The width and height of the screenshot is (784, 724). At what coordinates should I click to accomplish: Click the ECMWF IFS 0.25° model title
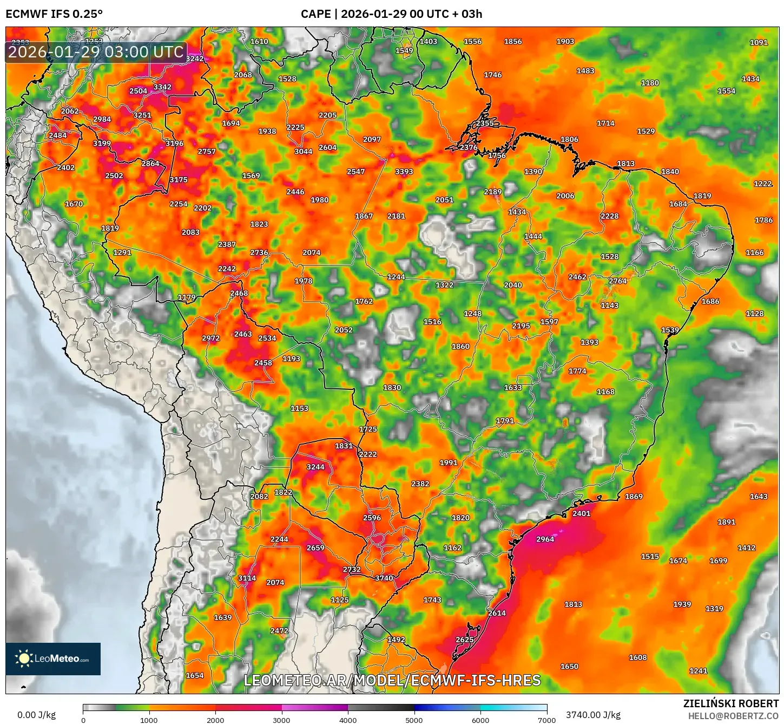coord(54,14)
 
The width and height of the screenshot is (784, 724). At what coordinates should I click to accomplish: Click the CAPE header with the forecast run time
coord(391,14)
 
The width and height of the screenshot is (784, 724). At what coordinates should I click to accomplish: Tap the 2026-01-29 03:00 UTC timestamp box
coord(96,52)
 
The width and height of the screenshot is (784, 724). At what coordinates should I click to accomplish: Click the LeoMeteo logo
coord(53,658)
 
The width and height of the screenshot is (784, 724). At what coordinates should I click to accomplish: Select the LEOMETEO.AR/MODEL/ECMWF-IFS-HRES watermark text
coord(392,680)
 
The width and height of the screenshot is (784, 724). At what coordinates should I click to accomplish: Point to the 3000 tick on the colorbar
coord(281,720)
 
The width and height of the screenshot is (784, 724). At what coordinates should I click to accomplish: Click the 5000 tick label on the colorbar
coord(414,720)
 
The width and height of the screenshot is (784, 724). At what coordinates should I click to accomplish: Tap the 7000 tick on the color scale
coord(546,720)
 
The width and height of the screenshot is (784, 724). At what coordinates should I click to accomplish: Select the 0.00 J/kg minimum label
coord(37,715)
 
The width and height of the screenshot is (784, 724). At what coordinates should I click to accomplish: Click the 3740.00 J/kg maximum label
coord(593,715)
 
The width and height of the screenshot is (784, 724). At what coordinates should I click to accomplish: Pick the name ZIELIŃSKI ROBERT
coord(731,703)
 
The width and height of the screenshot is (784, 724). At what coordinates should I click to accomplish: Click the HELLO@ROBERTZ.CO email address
coord(733,716)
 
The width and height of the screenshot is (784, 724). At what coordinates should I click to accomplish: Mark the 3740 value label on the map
coord(384,578)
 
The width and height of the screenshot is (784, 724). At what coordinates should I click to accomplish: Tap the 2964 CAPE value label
coord(545,539)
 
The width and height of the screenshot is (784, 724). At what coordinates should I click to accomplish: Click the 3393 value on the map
coord(404,172)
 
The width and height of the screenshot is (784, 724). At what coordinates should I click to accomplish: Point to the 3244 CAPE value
coord(315,467)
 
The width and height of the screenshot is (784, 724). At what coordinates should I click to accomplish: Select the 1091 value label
coord(759,42)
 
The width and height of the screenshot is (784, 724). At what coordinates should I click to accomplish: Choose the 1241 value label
coord(698,671)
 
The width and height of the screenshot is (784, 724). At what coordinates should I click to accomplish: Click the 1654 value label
coord(195,675)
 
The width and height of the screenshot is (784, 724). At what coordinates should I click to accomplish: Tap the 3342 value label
coord(162,87)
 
